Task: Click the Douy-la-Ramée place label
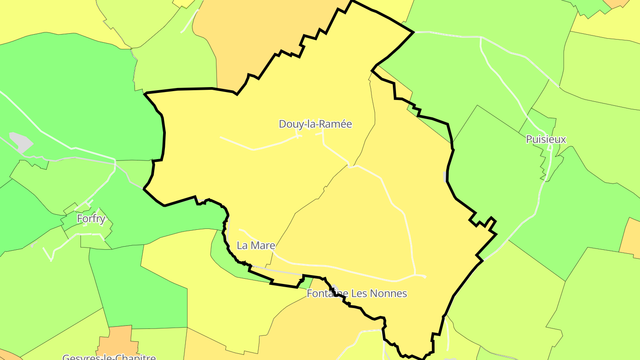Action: [x=315, y=124]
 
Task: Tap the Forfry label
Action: [x=91, y=219]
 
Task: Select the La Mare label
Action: [x=256, y=245]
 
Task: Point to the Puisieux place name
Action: [x=546, y=139]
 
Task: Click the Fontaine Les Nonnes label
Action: [x=357, y=293]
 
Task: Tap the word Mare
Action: [x=264, y=245]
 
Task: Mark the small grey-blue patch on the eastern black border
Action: [x=445, y=177]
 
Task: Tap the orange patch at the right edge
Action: [x=631, y=238]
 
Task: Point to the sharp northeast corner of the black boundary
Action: [x=413, y=32]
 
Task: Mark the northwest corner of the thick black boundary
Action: [x=146, y=94]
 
